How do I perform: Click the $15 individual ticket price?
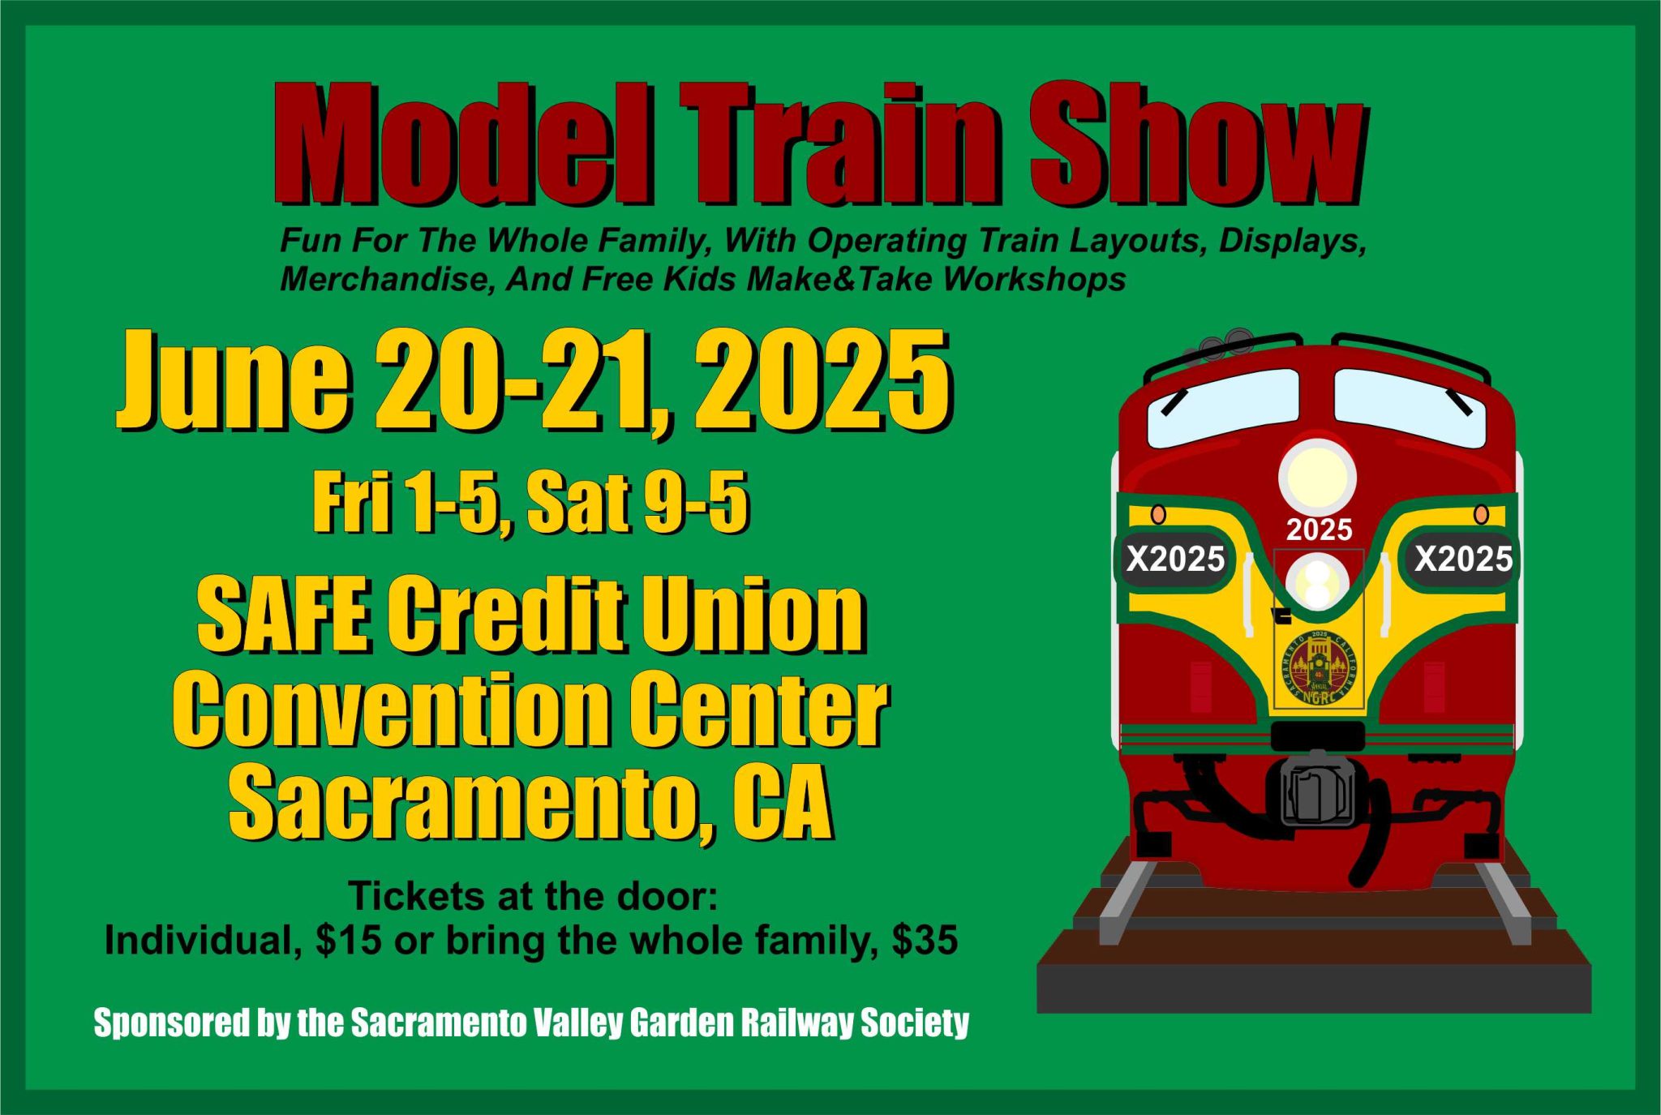pyautogui.click(x=349, y=941)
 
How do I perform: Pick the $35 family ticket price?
pyautogui.click(x=925, y=941)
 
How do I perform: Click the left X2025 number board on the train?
pyautogui.click(x=1175, y=558)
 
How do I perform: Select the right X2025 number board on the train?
pyautogui.click(x=1463, y=558)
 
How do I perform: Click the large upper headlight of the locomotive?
pyautogui.click(x=1317, y=477)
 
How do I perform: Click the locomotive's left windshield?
pyautogui.click(x=1223, y=408)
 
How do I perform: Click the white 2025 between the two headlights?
pyautogui.click(x=1319, y=530)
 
